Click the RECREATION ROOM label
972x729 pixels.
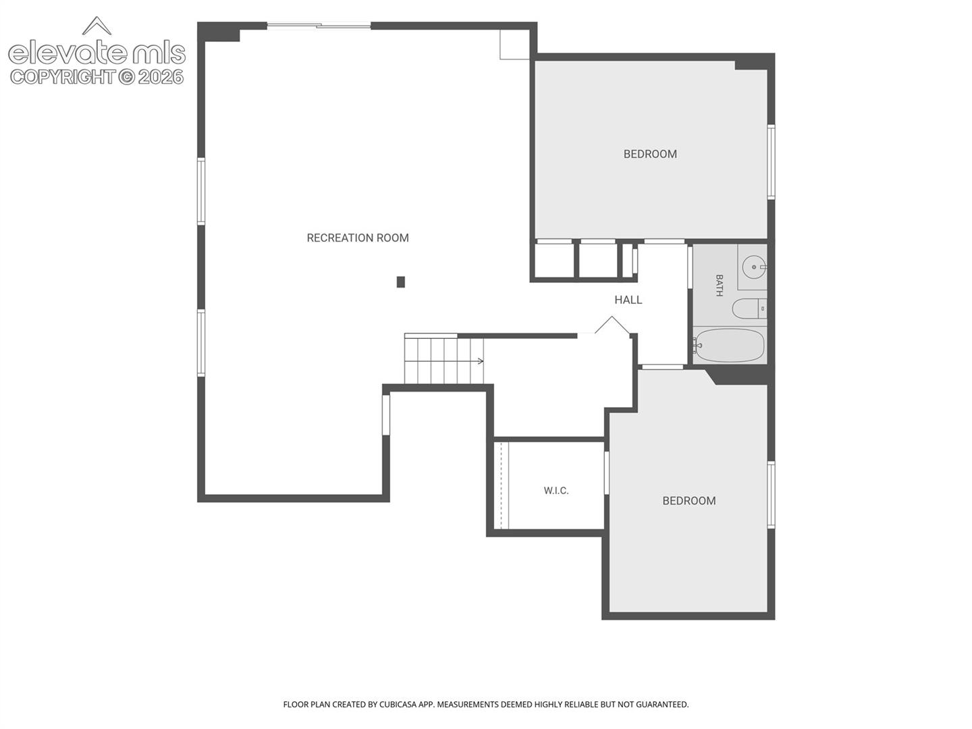point(357,238)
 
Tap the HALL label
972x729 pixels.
point(628,300)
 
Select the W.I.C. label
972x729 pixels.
point(556,491)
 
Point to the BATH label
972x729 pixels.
point(719,286)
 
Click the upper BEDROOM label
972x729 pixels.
point(650,154)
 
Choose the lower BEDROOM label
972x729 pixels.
point(689,501)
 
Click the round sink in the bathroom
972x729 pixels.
point(754,267)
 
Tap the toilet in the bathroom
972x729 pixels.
point(749,308)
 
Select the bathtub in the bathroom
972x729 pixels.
point(729,346)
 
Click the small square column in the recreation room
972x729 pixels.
point(401,282)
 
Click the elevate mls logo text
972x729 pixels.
point(97,53)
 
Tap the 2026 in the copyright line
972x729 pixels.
point(161,77)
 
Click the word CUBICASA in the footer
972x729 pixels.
point(397,705)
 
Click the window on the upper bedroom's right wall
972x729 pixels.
point(771,161)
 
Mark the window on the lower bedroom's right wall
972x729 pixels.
point(771,495)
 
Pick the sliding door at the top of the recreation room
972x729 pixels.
point(319,26)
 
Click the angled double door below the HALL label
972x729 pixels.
point(612,327)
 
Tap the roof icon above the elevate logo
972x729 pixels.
point(97,25)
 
